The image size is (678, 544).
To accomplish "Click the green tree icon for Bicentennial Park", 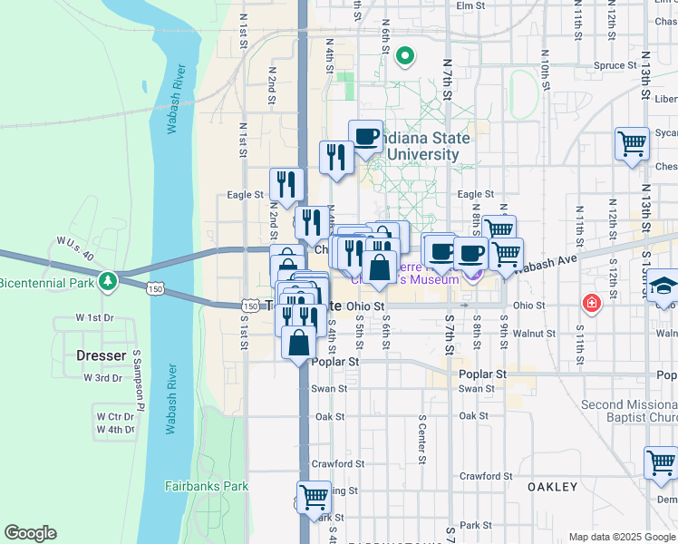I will coord(108,280).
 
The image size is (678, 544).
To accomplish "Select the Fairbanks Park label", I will coord(207,486).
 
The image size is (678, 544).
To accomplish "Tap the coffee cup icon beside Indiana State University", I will coord(365,137).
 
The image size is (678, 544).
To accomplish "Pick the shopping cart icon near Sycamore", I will coord(633,142).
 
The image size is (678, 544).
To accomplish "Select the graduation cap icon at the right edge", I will coord(663,287).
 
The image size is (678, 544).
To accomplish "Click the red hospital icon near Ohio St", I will coord(591,302).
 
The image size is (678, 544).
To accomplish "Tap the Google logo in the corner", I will coord(30,533).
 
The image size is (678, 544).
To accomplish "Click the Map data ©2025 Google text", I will coord(621,537).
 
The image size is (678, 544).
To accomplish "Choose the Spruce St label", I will coord(616,65).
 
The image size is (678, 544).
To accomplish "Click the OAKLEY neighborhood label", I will coord(552,487).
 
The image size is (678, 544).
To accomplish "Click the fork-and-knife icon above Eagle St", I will coord(283,185).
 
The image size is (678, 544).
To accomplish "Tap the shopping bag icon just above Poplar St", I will coord(299,344).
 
